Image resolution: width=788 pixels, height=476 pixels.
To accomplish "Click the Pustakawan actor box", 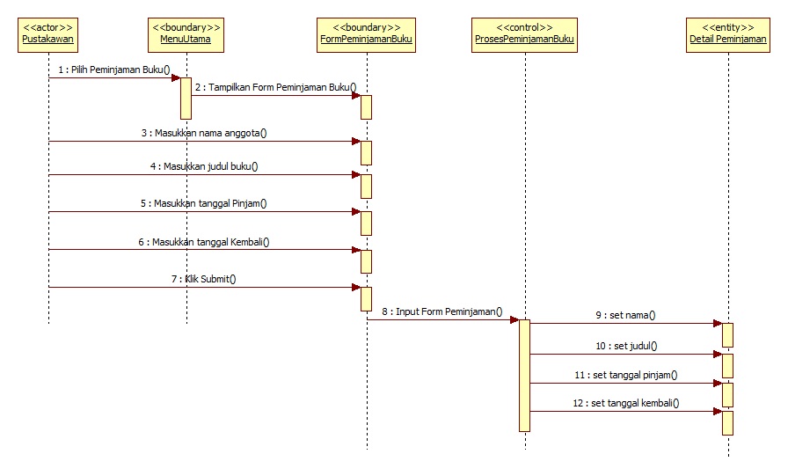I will (48, 33).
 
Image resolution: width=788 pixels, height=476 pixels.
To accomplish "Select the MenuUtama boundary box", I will (186, 33).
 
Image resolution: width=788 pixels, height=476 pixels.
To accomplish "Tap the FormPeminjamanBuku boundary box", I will (366, 33).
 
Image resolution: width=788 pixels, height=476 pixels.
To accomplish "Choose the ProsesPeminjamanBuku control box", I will (524, 33).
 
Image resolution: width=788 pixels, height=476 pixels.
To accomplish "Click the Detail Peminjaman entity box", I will (728, 33).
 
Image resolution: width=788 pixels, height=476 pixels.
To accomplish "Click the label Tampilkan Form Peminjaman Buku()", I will (276, 87).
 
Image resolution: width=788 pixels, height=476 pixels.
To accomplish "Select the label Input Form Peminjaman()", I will (442, 311).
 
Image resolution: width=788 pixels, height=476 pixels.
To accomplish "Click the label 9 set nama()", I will (626, 315).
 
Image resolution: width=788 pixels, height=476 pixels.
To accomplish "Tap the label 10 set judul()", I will (626, 346).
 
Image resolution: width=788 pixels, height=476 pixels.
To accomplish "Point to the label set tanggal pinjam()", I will (626, 375).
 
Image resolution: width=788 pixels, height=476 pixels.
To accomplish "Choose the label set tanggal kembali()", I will (626, 403).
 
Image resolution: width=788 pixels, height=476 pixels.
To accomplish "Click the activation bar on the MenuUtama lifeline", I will (186, 98).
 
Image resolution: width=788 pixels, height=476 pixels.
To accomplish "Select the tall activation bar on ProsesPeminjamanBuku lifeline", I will (524, 375).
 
